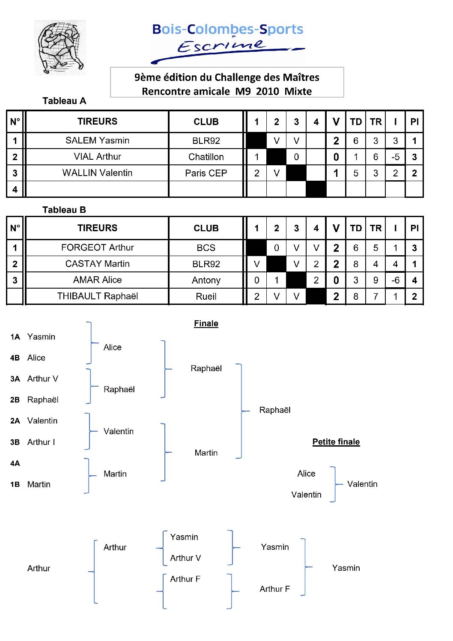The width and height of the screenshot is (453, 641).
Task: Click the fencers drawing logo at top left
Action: tap(60, 48)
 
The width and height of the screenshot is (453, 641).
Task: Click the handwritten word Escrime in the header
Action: tap(221, 45)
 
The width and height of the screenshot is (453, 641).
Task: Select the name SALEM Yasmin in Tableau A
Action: tap(97, 140)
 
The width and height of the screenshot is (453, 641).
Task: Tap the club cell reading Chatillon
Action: tap(206, 157)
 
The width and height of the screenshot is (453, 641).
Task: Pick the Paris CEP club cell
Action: tap(206, 173)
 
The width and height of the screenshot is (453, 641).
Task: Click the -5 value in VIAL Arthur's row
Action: tap(395, 157)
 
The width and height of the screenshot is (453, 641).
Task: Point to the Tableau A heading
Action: tap(64, 101)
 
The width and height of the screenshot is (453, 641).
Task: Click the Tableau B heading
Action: tap(64, 210)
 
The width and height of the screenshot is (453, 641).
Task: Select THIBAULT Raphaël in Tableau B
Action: tap(97, 296)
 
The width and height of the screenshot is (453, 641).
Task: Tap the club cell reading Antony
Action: tap(206, 280)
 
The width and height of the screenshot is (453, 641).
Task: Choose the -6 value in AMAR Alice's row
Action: tap(395, 280)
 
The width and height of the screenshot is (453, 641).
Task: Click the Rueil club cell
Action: tap(206, 296)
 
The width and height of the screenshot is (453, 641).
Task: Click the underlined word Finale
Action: tap(206, 324)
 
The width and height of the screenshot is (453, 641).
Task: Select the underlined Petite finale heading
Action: tap(336, 442)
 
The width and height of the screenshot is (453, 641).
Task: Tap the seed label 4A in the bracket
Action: tap(15, 463)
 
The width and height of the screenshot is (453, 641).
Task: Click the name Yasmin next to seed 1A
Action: tap(41, 337)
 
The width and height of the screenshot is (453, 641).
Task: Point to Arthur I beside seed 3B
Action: tap(41, 442)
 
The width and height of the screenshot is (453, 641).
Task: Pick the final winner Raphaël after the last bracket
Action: tap(274, 410)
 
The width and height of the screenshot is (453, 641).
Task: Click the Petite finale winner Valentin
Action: tap(362, 484)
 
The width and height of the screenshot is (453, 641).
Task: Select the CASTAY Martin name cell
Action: tap(97, 264)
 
